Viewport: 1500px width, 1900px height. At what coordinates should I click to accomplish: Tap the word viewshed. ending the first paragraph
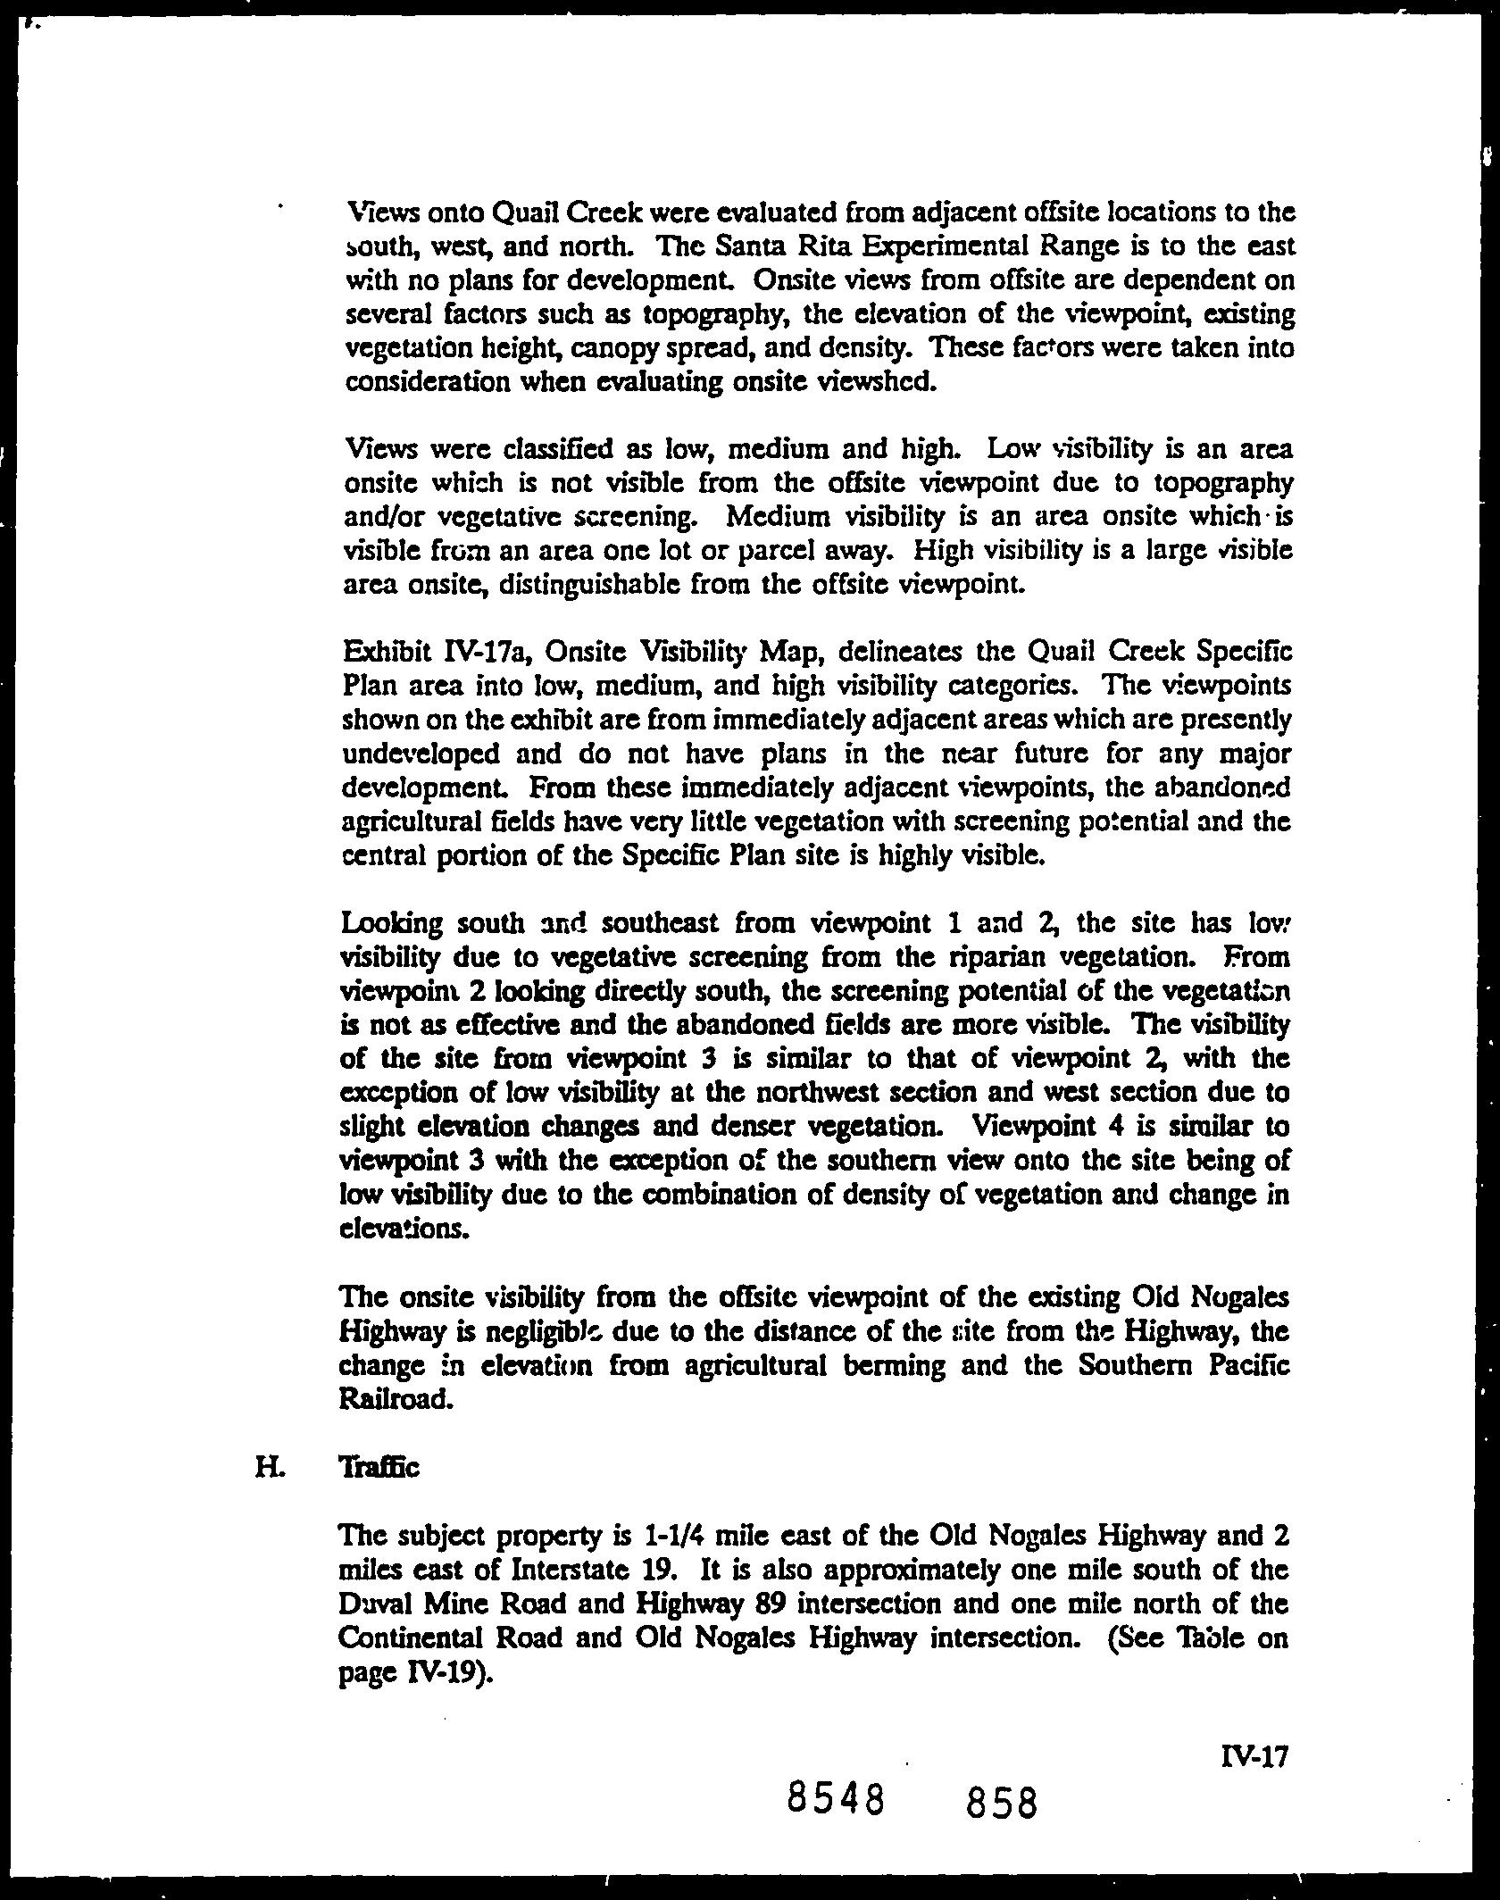click(861, 382)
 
